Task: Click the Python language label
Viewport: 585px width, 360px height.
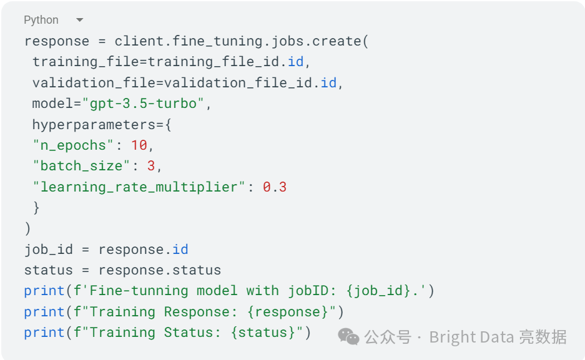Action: (x=41, y=20)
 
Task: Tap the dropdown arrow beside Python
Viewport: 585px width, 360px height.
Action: (x=79, y=20)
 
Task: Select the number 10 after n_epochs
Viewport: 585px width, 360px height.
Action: (x=139, y=145)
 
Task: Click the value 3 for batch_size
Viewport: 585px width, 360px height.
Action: (x=151, y=166)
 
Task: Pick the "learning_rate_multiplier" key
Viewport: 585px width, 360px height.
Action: (x=135, y=187)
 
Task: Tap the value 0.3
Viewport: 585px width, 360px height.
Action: (x=275, y=187)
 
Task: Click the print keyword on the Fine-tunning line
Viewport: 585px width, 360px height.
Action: (x=44, y=291)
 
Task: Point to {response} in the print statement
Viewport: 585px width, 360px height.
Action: (x=292, y=312)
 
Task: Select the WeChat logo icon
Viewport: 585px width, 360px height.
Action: (x=349, y=338)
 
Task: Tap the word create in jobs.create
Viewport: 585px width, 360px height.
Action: (x=337, y=41)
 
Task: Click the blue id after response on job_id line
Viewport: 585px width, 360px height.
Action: (x=180, y=250)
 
